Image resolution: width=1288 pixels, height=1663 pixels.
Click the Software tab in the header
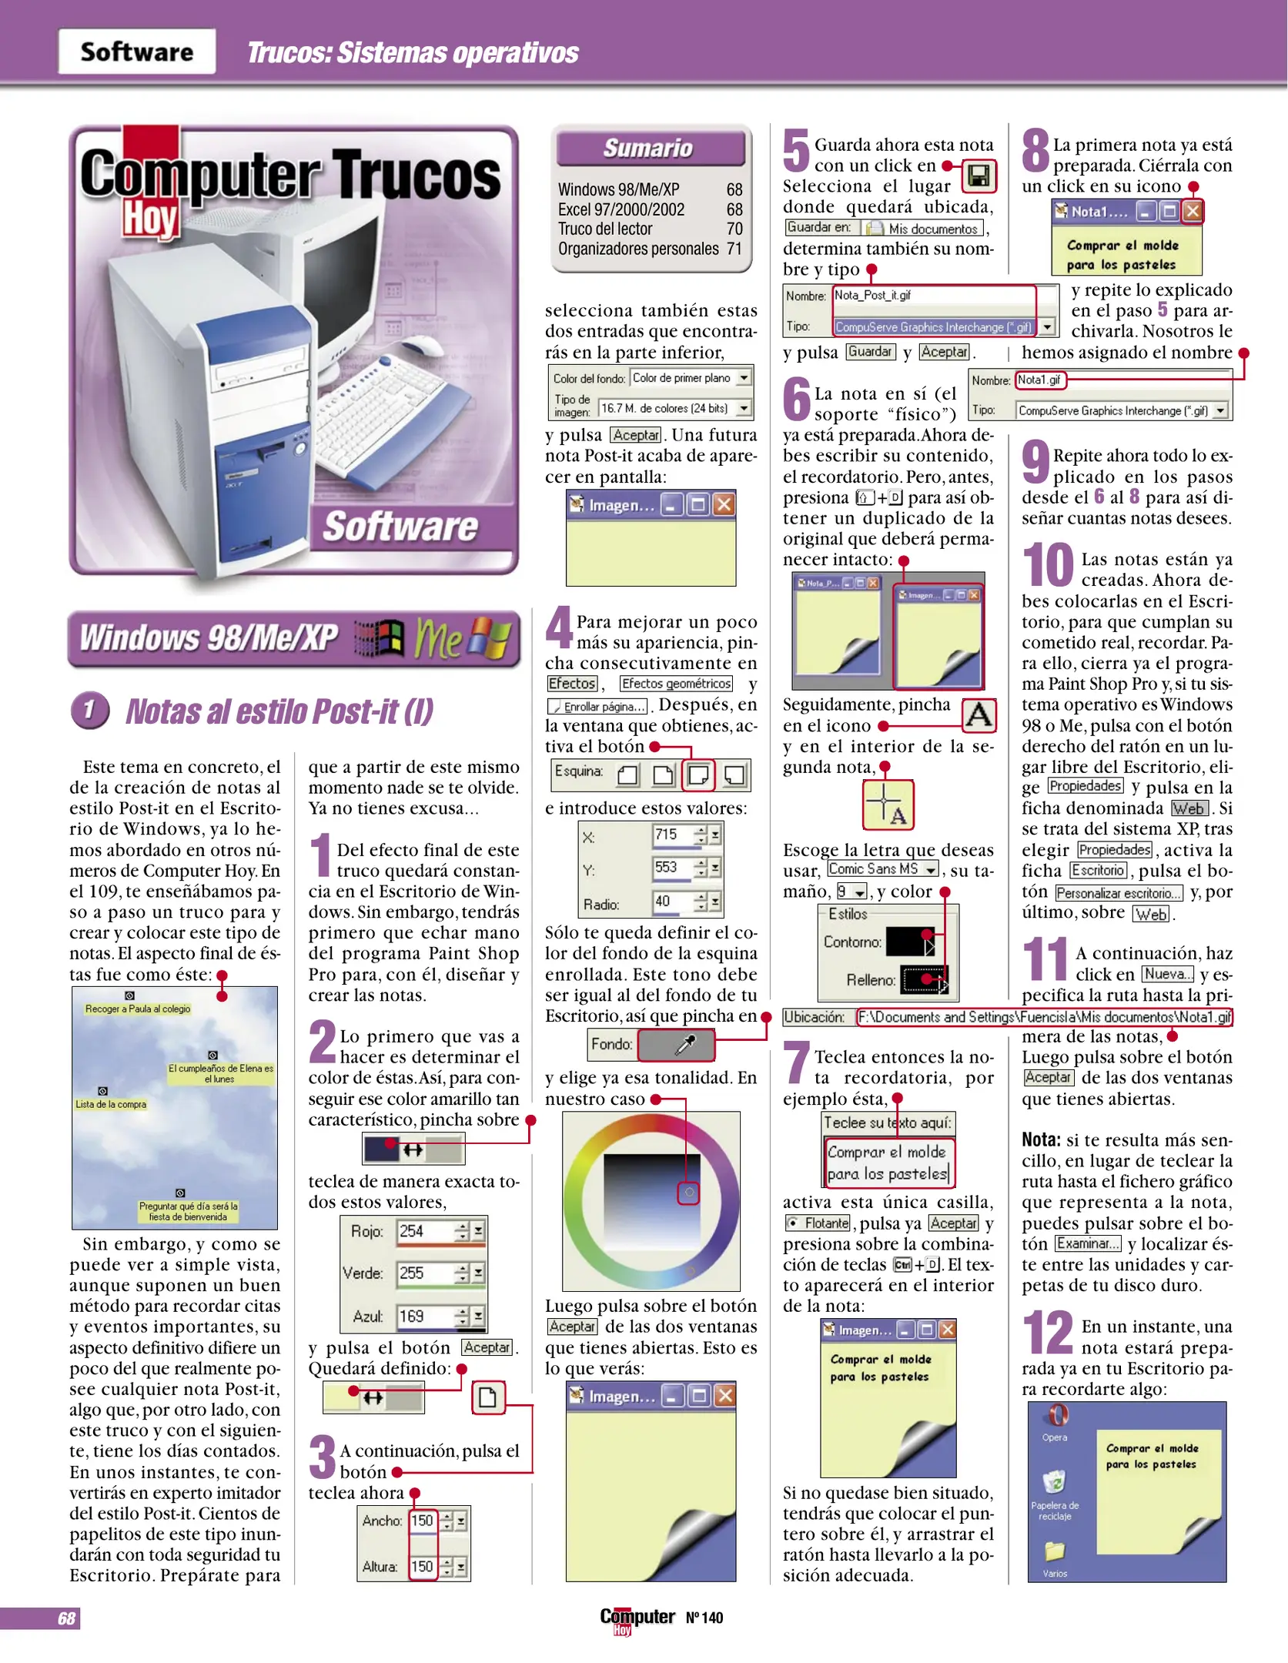tap(137, 52)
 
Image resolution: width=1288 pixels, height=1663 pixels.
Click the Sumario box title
tap(649, 148)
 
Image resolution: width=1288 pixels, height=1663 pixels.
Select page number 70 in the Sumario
tap(734, 229)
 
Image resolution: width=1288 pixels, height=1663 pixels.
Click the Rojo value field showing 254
tap(425, 1231)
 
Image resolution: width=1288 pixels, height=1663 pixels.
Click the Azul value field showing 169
tap(425, 1317)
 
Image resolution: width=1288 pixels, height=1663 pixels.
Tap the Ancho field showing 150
tap(422, 1521)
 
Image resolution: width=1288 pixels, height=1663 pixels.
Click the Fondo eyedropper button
tap(676, 1045)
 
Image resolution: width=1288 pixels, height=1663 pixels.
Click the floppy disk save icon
tap(978, 176)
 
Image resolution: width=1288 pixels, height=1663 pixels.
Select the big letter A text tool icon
tap(979, 715)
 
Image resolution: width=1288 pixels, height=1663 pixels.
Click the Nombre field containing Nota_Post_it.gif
tap(933, 296)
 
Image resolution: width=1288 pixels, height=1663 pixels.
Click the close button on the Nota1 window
tap(1192, 211)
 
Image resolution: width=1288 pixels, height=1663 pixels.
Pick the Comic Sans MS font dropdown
tap(882, 869)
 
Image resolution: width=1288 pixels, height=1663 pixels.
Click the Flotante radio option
tap(817, 1223)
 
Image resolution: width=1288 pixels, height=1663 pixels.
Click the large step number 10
tap(1047, 565)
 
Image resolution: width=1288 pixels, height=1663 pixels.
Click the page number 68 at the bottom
tap(66, 1618)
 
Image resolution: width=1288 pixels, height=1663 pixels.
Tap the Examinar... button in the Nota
tap(1087, 1244)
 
